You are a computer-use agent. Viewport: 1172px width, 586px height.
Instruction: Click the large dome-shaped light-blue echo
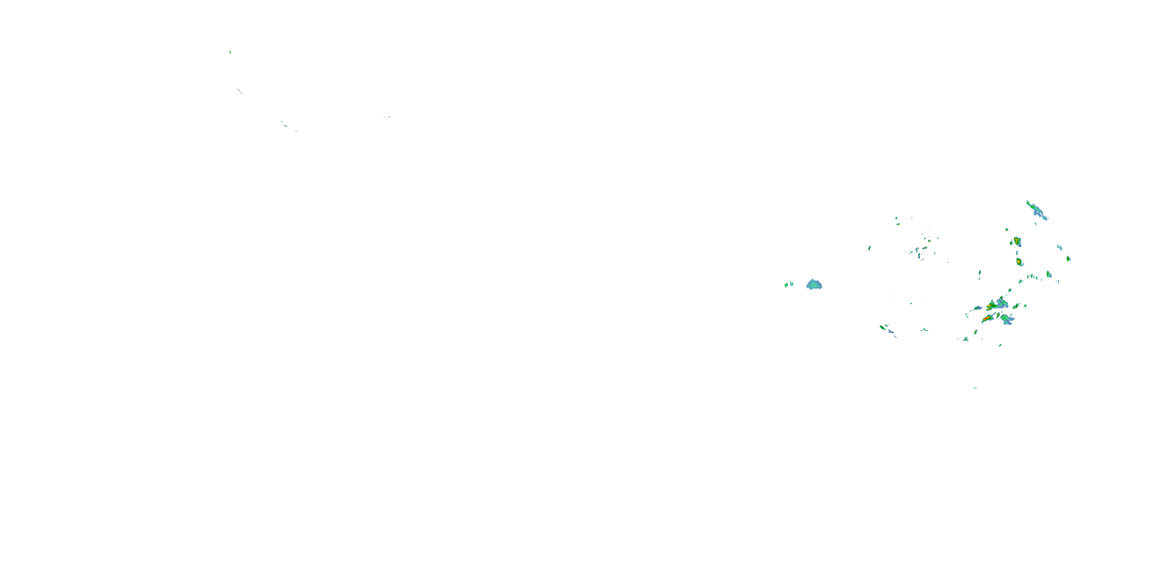tap(814, 285)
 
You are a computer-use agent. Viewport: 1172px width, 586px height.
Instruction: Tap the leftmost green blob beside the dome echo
tap(786, 285)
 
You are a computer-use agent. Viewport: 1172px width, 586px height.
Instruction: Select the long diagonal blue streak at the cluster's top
tap(1037, 210)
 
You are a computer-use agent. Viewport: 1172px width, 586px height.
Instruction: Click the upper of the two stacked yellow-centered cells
tap(1017, 241)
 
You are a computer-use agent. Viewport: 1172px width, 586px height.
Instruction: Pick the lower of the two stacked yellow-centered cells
tap(1019, 262)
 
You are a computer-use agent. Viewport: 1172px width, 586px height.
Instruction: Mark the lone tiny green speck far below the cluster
tap(975, 388)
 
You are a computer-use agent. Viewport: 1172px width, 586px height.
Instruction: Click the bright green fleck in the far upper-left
tap(230, 52)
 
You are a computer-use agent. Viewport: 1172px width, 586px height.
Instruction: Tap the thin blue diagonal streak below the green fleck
tap(240, 91)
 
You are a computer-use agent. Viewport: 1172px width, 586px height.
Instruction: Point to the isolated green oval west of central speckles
tap(870, 248)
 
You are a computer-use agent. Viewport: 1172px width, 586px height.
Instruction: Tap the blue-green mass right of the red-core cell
tap(1006, 319)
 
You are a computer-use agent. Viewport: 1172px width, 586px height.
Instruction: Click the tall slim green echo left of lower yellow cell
tap(979, 273)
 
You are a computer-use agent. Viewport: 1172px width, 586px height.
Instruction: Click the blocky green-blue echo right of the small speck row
tap(1049, 274)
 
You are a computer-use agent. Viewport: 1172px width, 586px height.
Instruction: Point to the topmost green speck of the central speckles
tap(896, 218)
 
